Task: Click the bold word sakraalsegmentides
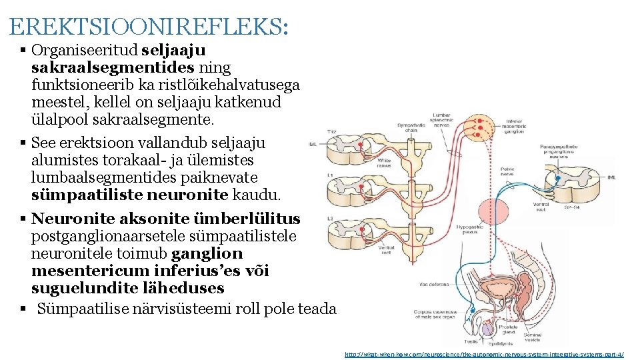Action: [x=113, y=67]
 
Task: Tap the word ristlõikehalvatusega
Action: [x=236, y=85]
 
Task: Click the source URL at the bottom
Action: [x=484, y=354]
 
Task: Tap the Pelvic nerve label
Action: [x=507, y=173]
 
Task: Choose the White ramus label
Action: [x=384, y=163]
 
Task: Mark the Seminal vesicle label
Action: [x=532, y=338]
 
